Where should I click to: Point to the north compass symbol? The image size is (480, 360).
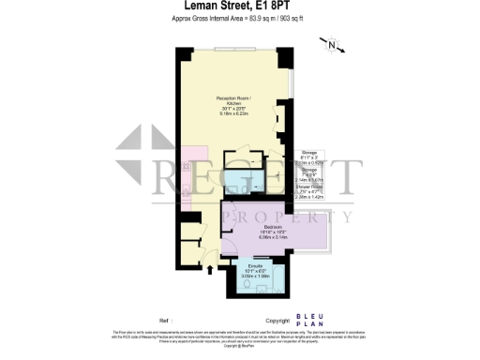coord(330,44)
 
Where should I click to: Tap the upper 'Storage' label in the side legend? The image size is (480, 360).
coord(308,152)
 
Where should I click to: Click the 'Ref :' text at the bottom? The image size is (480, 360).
coord(165,320)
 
